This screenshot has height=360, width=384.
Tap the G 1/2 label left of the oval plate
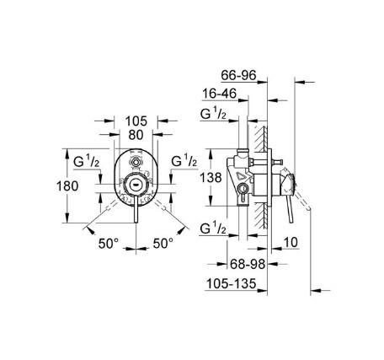point(88,160)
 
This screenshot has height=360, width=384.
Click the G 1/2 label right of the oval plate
point(184,160)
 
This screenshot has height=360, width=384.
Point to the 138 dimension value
point(212,178)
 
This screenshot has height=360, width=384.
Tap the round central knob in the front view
point(136,181)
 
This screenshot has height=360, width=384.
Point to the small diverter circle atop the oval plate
point(136,161)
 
